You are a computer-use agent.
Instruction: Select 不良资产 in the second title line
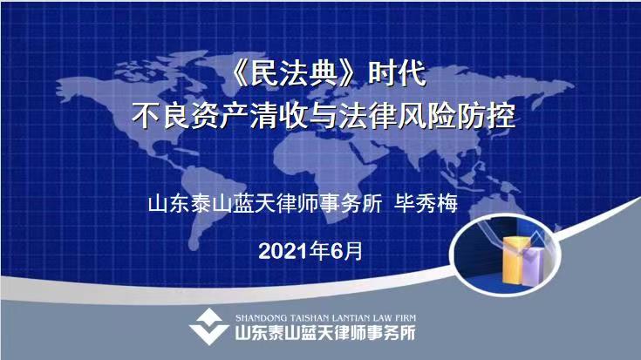[x=190, y=115]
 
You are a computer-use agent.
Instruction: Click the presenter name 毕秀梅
[x=426, y=203]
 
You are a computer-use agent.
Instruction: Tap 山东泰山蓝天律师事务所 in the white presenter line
[x=265, y=203]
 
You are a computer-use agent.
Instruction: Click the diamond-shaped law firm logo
[x=209, y=327]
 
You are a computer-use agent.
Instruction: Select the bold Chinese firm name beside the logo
[x=325, y=333]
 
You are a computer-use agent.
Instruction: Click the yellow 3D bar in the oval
[x=515, y=260]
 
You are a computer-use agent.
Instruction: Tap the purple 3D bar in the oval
[x=534, y=266]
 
